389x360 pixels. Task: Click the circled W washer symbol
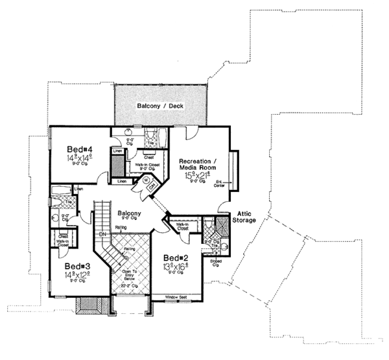coord(145,181)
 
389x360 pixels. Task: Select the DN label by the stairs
coord(102,234)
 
